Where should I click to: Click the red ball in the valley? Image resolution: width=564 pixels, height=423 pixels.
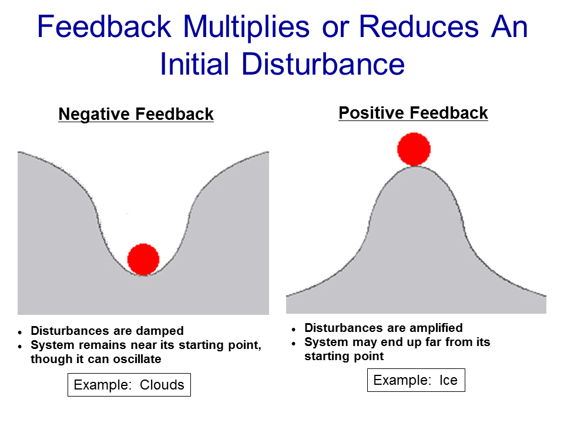[x=143, y=259]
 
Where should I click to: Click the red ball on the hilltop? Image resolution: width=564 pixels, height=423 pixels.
[x=414, y=149]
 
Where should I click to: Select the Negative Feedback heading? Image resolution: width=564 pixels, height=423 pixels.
[x=136, y=114]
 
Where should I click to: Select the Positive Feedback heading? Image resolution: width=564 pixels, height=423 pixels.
[x=413, y=113]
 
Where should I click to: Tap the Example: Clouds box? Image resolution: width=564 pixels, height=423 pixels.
[x=129, y=385]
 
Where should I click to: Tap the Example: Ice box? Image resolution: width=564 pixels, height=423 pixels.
[x=416, y=380]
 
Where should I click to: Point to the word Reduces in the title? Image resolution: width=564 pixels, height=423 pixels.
[x=419, y=26]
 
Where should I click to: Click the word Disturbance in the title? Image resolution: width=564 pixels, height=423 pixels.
[x=323, y=64]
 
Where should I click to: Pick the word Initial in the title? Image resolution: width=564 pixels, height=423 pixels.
[x=194, y=64]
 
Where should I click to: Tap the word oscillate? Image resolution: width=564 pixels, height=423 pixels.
[x=137, y=359]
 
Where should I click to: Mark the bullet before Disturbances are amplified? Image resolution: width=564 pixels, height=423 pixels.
[x=294, y=330]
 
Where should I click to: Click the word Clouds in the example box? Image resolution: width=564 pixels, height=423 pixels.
[x=162, y=385]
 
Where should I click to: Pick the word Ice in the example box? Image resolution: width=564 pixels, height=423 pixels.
[x=448, y=380]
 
